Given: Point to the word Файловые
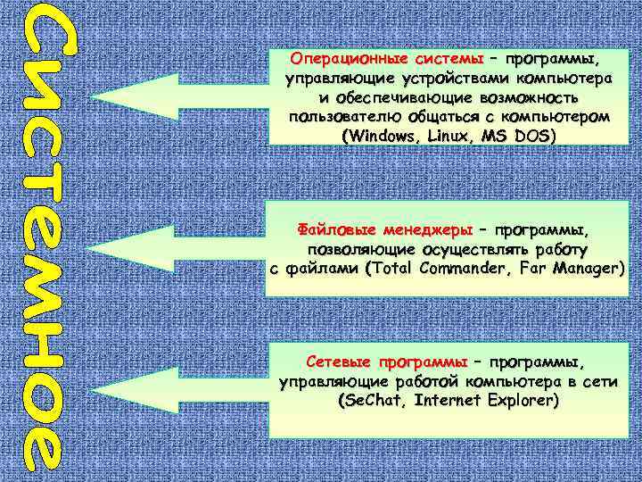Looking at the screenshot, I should [x=331, y=229].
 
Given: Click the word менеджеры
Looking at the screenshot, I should [x=418, y=229].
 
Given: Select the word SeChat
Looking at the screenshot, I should [x=371, y=402].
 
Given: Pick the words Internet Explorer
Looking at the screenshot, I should [x=485, y=402].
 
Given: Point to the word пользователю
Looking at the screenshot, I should [x=348, y=117].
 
